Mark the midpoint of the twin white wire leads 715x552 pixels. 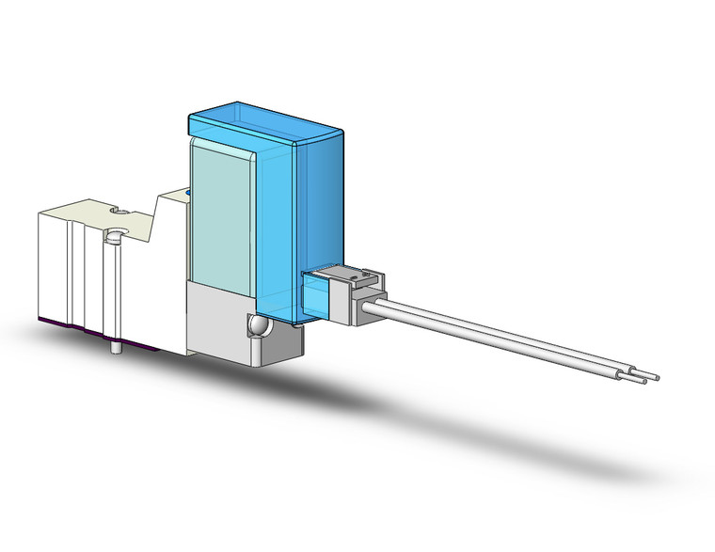pyautogui.click(x=508, y=339)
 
